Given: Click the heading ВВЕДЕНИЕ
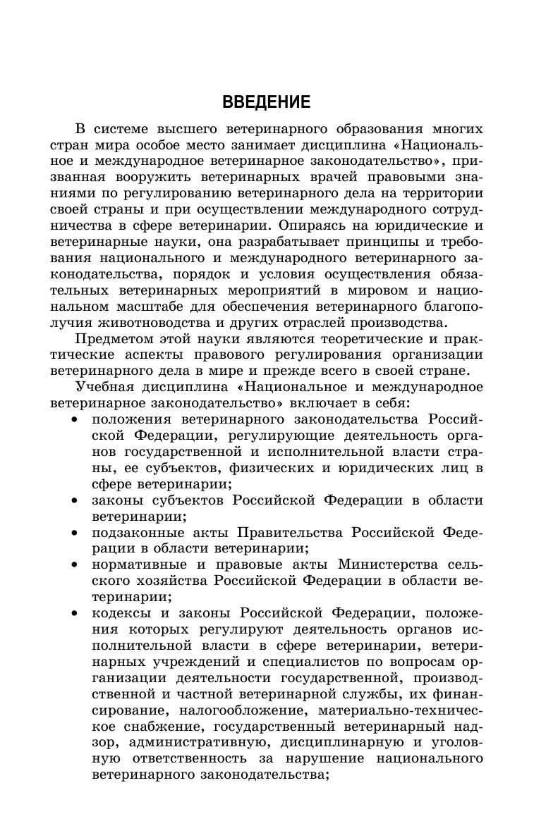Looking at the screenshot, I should point(266,103).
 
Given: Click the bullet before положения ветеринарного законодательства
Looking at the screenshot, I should point(75,420).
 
